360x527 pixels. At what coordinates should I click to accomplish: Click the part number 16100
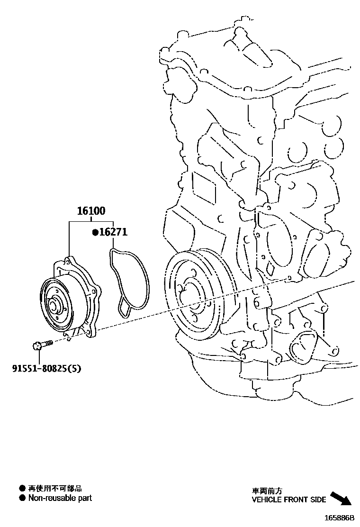[x=92, y=211]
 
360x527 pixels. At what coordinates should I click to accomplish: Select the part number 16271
[x=113, y=233]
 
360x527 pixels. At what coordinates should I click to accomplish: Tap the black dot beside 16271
[x=95, y=233]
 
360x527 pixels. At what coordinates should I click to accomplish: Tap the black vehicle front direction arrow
[x=340, y=499]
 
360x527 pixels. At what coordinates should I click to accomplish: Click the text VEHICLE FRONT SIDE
[x=288, y=500]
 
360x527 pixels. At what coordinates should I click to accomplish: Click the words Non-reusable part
[x=60, y=498]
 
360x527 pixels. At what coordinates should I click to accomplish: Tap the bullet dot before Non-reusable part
[x=22, y=498]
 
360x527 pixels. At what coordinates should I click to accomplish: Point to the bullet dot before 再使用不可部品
[x=22, y=488]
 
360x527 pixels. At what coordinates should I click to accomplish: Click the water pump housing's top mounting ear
[x=69, y=260]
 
